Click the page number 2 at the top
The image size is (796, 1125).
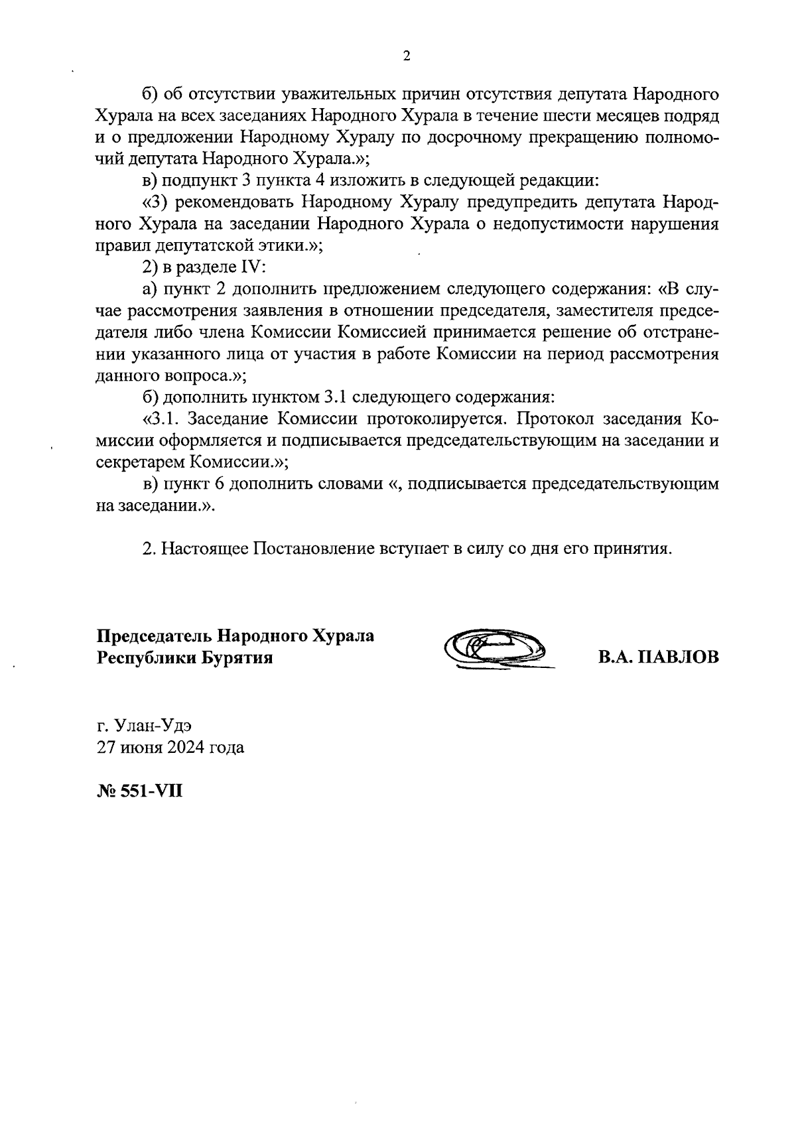tap(407, 56)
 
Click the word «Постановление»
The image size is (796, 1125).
tap(312, 549)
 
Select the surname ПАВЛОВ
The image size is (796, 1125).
tap(678, 658)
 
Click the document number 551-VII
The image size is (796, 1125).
tap(151, 791)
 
